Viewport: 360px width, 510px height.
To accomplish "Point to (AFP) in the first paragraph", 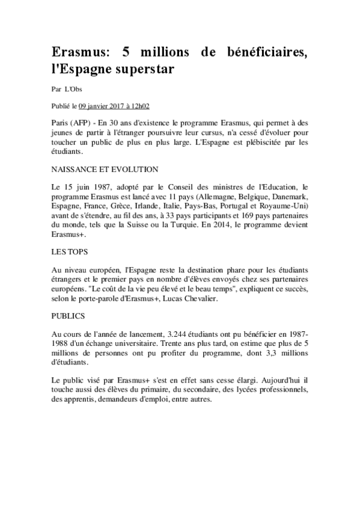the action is [82, 121].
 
